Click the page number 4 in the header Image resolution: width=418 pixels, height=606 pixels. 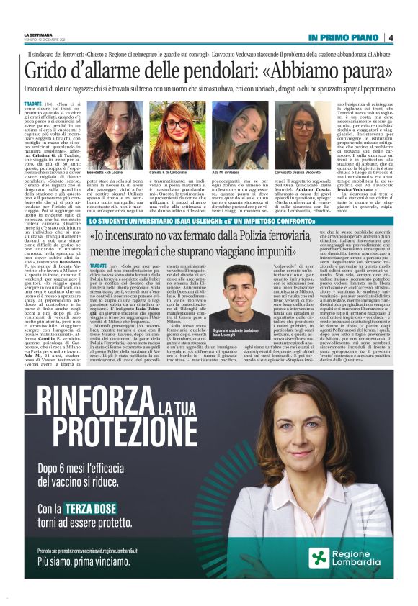(x=390, y=37)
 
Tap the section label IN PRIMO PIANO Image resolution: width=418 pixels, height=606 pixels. (x=344, y=37)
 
